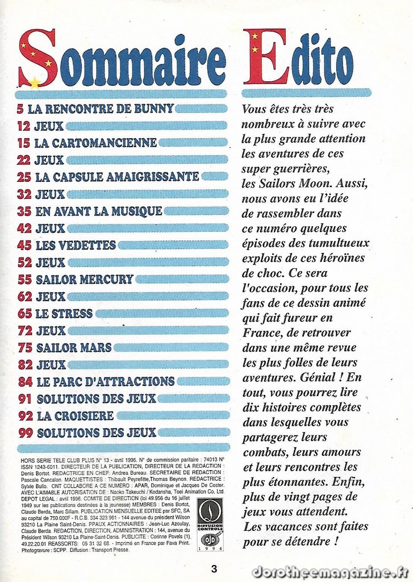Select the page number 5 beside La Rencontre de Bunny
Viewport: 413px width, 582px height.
[20, 108]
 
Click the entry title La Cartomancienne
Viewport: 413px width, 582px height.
[95, 142]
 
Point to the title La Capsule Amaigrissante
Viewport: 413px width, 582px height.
[117, 177]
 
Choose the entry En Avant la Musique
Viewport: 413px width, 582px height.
[98, 211]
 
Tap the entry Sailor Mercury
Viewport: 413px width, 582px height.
[84, 279]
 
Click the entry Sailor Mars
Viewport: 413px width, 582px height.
[74, 347]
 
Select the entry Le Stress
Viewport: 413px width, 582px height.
[64, 313]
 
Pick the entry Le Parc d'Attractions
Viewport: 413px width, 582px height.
[105, 381]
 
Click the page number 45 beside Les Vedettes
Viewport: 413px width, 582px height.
[24, 246]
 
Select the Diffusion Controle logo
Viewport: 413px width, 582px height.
[210, 524]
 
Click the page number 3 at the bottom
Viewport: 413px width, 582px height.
[214, 568]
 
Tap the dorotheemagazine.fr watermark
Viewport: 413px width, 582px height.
[329, 571]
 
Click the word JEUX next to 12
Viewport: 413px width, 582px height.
[49, 126]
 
